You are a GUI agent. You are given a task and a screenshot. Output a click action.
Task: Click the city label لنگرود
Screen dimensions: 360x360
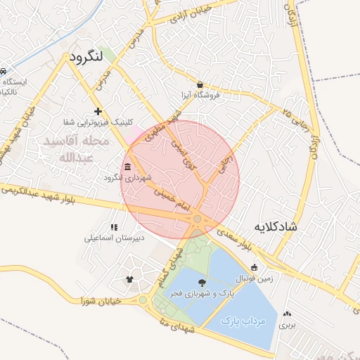[87, 55]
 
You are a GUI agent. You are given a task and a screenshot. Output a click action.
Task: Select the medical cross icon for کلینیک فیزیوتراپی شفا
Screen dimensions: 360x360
[98, 111]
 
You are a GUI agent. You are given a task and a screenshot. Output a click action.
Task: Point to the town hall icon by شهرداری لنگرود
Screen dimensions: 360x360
[127, 167]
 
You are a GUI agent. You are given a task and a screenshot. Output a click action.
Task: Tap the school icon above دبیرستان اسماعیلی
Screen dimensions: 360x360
[114, 227]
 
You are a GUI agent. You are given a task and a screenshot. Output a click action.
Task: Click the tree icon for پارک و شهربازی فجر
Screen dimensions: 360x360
[202, 282]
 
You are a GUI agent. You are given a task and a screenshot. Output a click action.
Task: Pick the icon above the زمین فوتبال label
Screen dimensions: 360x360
[253, 267]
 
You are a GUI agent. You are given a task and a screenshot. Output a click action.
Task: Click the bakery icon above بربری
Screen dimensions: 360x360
[286, 314]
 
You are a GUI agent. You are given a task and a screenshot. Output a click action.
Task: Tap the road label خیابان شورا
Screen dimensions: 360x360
[103, 301]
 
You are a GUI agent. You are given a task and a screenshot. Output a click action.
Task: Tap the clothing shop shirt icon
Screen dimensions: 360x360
[129, 279]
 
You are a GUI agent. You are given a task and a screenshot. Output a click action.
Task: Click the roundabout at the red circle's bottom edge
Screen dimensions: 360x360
[198, 220]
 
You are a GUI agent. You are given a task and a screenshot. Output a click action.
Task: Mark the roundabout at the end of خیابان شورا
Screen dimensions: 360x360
[143, 300]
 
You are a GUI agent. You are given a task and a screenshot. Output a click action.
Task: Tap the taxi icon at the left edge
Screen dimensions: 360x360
[3, 72]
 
